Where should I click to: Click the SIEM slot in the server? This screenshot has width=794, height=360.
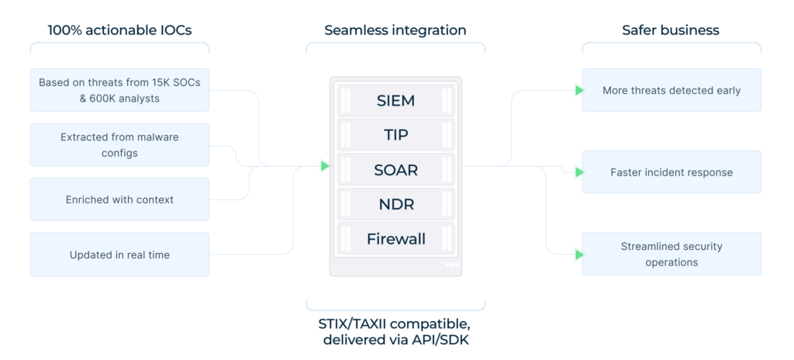pos(395,100)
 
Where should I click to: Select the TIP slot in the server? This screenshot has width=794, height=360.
pos(395,134)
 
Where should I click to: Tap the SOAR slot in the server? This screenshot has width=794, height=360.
pos(395,169)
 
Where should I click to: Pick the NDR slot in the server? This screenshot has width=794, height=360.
pos(395,204)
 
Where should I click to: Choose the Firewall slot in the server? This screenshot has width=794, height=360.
pos(395,238)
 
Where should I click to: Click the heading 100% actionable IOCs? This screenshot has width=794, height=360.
pos(119,31)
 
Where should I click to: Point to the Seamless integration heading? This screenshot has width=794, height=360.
pos(395,31)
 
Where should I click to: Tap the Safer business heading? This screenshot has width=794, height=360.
pos(671,31)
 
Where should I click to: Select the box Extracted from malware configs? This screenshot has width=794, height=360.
pos(119,144)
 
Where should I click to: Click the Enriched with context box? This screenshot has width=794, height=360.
pos(119,199)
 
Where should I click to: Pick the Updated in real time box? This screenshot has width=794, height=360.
pos(119,254)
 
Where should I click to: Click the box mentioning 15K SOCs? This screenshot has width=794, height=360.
pos(119,90)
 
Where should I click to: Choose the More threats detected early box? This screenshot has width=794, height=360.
pos(671,90)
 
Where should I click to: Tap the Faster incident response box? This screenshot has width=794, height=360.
pos(671,172)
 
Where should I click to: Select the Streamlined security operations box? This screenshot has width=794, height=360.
pos(671,254)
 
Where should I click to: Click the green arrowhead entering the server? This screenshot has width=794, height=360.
pos(326,165)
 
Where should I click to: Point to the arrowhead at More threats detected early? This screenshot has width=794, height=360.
pos(579,90)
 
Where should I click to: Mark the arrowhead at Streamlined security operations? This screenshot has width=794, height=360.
pos(579,254)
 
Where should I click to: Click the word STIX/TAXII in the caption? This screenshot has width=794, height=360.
pos(357,322)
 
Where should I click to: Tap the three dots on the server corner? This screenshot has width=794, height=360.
pos(451,265)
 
